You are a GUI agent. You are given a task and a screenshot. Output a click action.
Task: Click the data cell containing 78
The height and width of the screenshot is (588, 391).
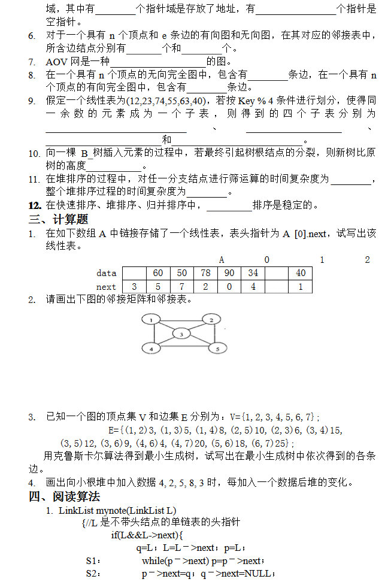[x=205, y=273]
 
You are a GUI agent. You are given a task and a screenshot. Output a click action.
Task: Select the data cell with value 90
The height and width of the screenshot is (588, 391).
[x=229, y=273]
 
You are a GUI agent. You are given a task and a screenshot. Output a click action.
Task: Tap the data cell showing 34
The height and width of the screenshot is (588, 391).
[x=253, y=273]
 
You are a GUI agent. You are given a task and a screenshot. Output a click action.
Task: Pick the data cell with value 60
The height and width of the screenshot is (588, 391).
[x=158, y=273]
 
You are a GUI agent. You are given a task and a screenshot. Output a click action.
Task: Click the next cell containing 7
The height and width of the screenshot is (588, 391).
[x=182, y=287]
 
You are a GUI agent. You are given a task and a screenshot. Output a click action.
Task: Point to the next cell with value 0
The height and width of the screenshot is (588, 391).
[x=229, y=287]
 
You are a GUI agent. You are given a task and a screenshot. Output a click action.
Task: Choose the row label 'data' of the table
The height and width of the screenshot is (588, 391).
[x=107, y=273]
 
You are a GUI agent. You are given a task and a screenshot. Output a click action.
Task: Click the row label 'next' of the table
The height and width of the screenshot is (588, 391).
[x=107, y=287]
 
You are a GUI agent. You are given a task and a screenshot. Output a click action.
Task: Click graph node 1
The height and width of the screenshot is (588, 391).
[x=151, y=320]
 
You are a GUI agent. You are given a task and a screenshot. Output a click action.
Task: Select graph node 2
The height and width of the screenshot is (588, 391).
[x=211, y=320]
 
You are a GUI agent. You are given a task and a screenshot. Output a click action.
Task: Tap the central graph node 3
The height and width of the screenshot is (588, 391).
[x=181, y=334]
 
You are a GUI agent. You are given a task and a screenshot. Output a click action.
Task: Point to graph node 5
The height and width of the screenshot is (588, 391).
[x=218, y=348]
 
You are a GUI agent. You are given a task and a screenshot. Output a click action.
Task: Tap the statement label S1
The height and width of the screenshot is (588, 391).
[x=93, y=561]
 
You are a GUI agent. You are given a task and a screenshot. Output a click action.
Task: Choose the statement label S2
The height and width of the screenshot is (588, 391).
[x=93, y=574]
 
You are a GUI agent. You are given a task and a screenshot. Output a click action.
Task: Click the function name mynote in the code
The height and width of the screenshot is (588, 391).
[x=111, y=510]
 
